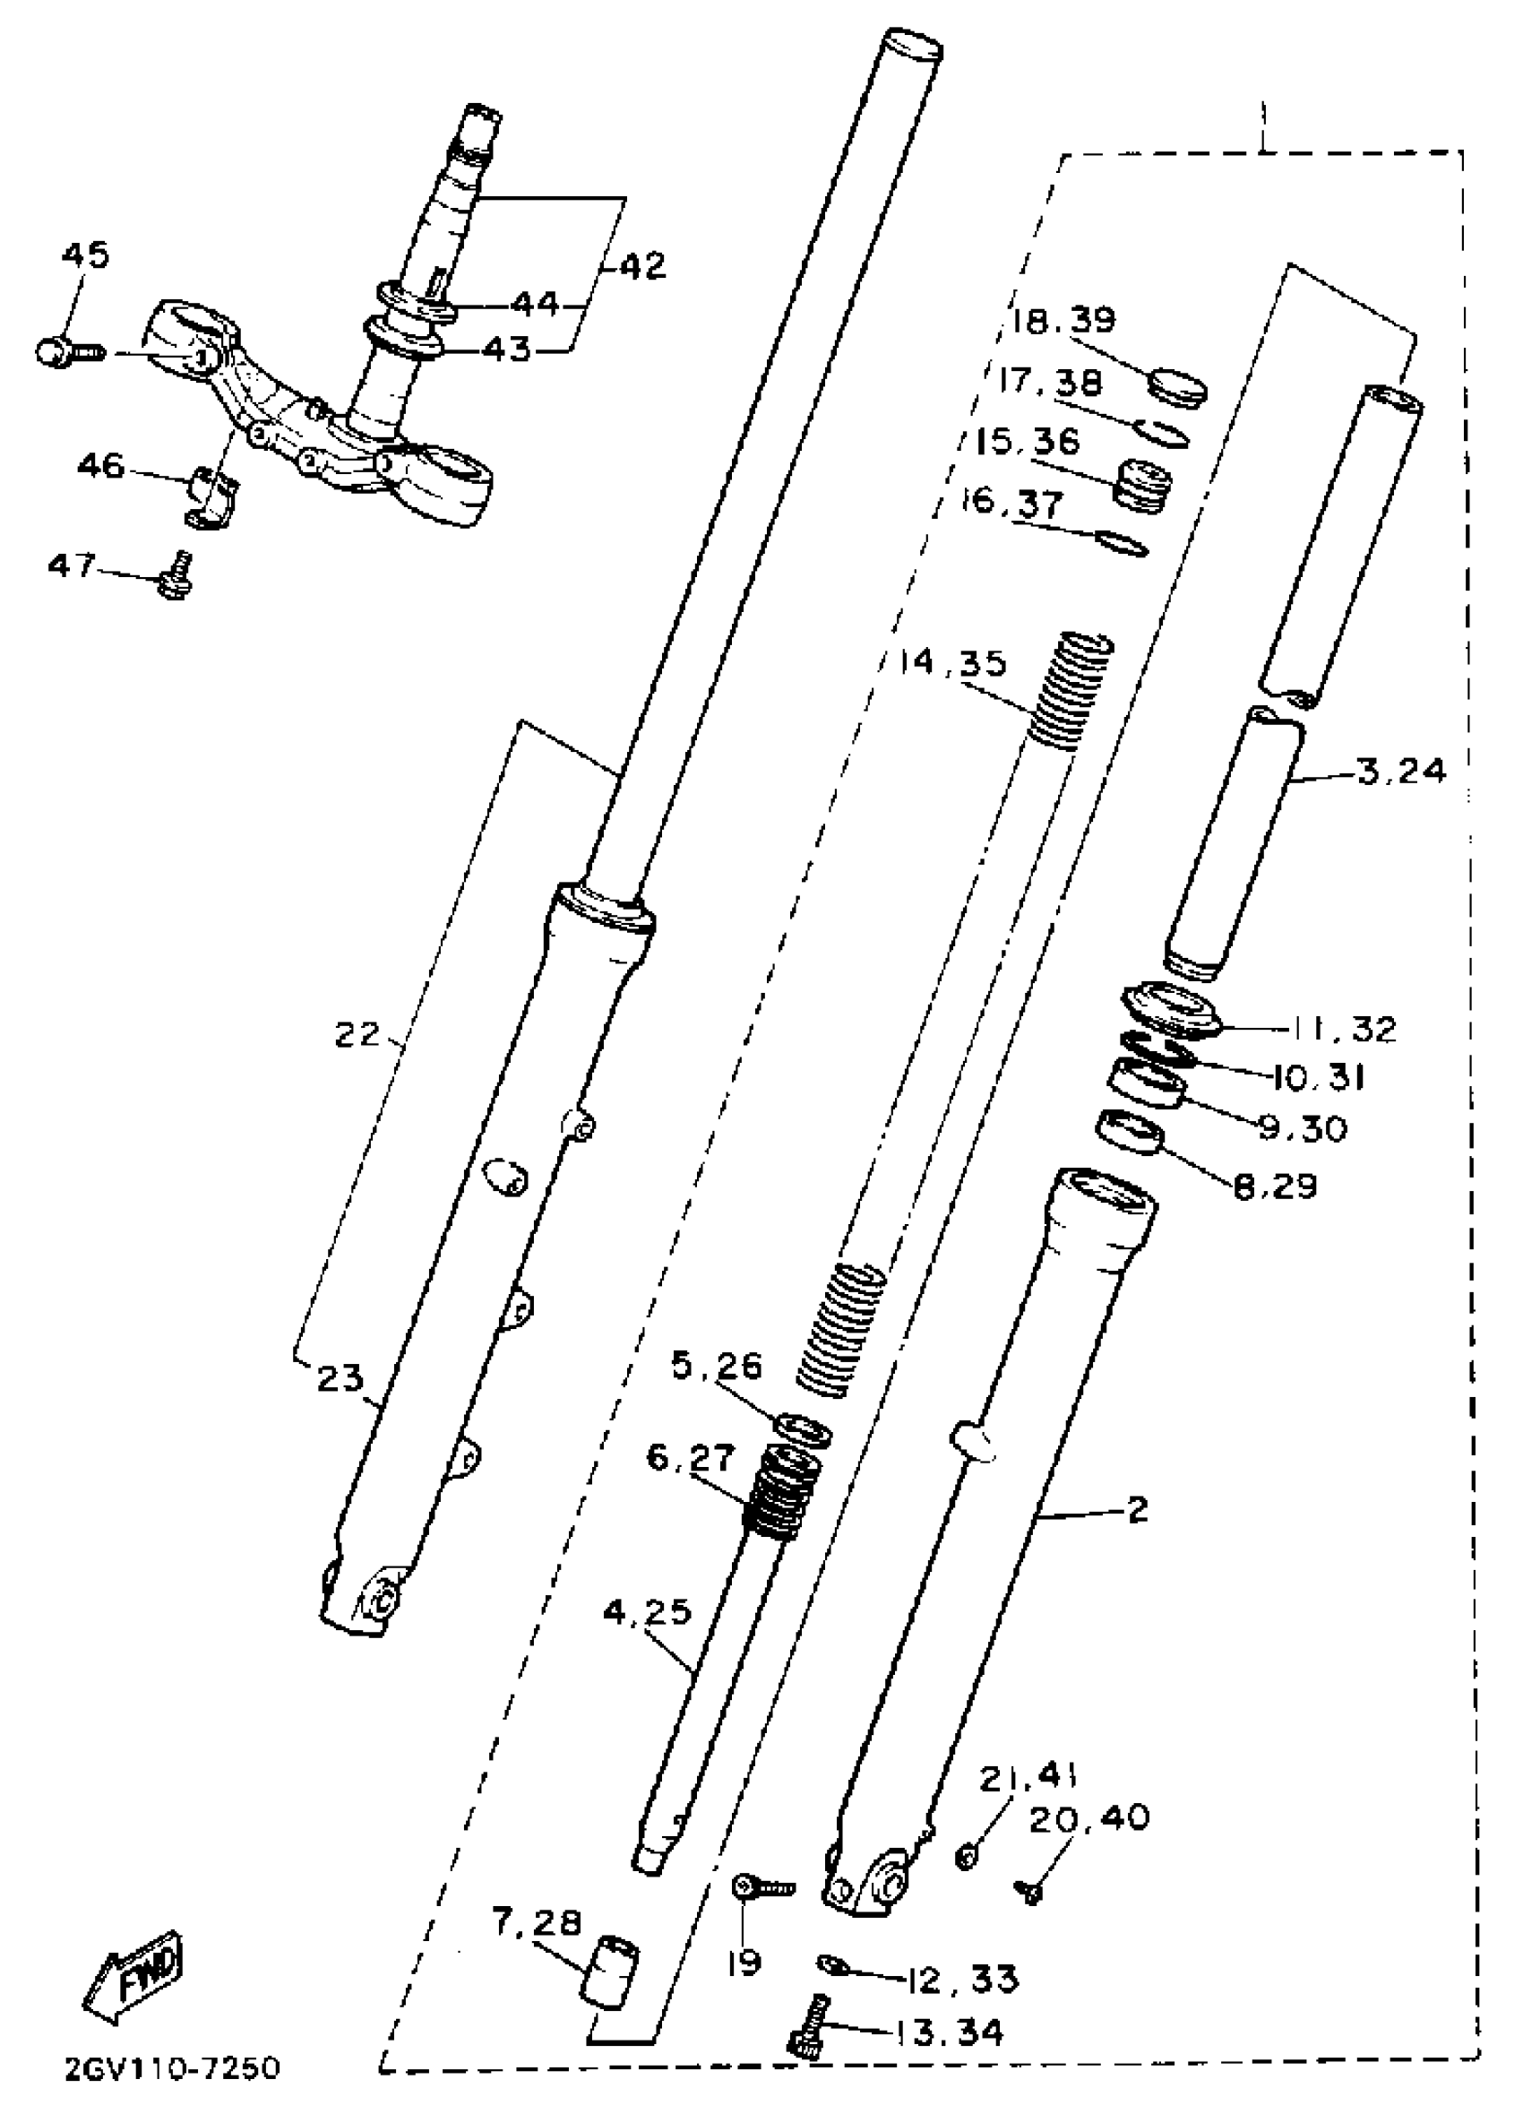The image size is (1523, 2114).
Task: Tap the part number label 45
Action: tap(87, 255)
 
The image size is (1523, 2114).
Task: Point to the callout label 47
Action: tap(72, 564)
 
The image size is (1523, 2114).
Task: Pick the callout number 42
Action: tap(641, 265)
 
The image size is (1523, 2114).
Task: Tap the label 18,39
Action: tap(1063, 321)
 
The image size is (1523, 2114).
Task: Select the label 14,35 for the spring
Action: tap(953, 663)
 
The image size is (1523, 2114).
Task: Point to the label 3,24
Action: tap(1400, 772)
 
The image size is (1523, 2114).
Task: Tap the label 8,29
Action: tap(1275, 1186)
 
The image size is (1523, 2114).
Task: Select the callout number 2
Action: tap(1137, 1509)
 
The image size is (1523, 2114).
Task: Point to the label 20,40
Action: tap(1088, 1817)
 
